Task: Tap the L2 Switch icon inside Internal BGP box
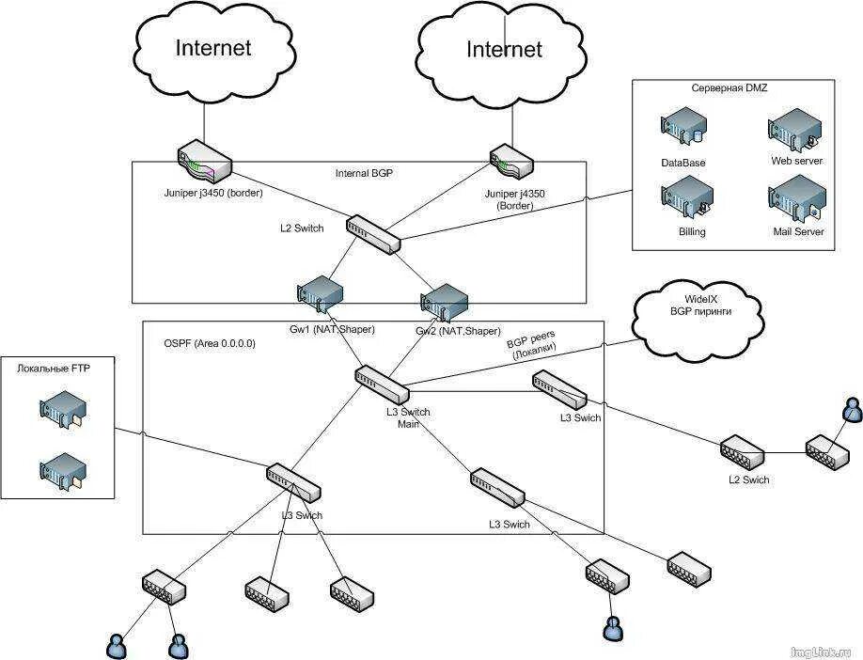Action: tap(373, 234)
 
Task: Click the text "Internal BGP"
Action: tap(364, 173)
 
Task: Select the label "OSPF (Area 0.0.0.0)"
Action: tap(210, 343)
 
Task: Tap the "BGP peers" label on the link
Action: tap(530, 337)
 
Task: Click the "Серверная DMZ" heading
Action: tap(730, 88)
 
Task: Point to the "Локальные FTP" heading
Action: tap(53, 369)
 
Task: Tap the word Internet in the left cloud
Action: tap(213, 47)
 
